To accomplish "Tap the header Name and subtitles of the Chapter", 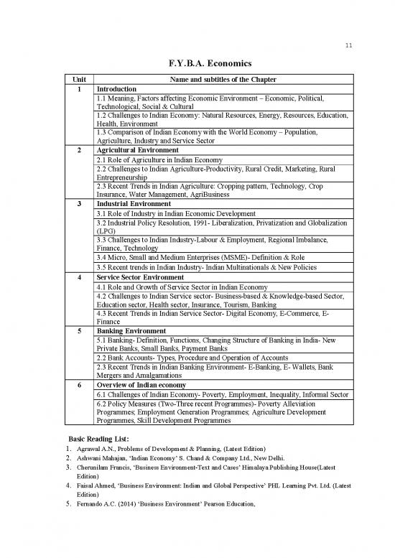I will [x=222, y=79].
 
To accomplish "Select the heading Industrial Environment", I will [x=133, y=204].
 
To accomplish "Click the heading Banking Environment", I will [x=131, y=330].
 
